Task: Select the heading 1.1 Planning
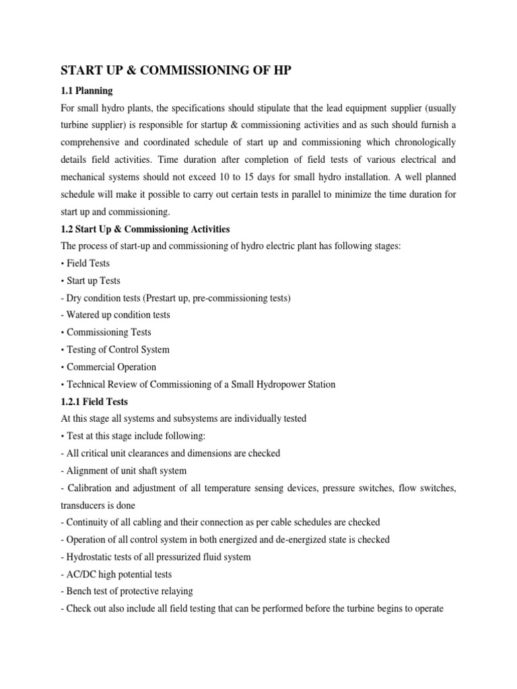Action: (x=87, y=90)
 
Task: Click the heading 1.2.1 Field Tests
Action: (x=94, y=402)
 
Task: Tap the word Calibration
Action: (x=92, y=488)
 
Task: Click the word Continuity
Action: (x=90, y=522)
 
